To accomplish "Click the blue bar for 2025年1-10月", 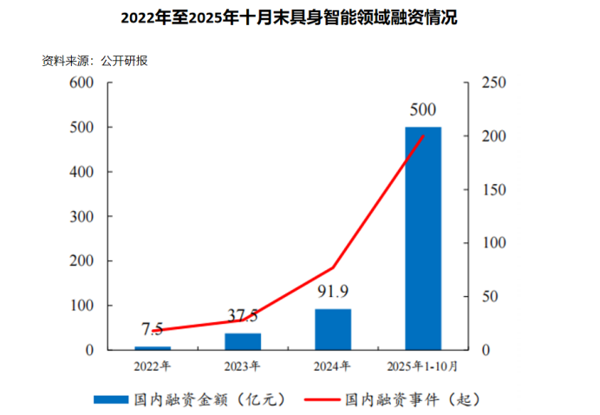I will click(423, 239).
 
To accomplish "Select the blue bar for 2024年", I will click(333, 330).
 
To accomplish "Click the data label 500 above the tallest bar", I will click(423, 110).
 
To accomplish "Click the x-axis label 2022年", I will click(153, 365).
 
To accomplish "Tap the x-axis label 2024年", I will click(333, 365).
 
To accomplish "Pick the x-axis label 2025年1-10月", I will click(423, 365).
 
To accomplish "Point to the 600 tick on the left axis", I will click(82, 83).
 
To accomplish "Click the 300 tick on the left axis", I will click(82, 217).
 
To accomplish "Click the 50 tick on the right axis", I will click(489, 297).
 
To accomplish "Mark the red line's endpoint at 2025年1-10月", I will click(423, 135).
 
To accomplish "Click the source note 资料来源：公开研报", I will click(88, 62).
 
